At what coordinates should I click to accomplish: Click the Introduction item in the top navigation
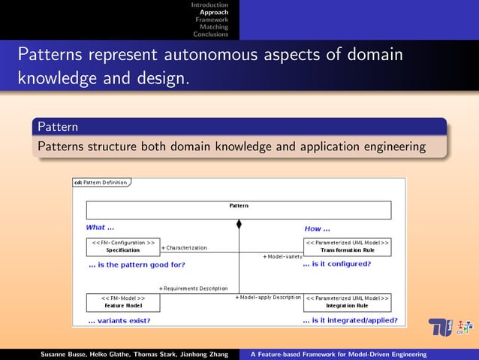pyautogui.click(x=209, y=5)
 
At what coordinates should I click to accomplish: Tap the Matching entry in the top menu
pyautogui.click(x=214, y=27)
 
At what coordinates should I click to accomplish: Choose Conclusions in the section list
pyautogui.click(x=211, y=34)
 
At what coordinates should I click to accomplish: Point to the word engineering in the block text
pyautogui.click(x=392, y=146)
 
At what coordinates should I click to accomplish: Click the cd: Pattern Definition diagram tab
pyautogui.click(x=101, y=182)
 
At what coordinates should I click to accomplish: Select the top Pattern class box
pyautogui.click(x=239, y=210)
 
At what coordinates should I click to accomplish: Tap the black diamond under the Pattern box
pyautogui.click(x=239, y=224)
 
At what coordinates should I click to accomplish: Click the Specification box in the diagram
pyautogui.click(x=123, y=247)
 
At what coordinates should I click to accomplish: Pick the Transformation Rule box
pyautogui.click(x=347, y=247)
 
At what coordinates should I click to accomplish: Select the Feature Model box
pyautogui.click(x=123, y=302)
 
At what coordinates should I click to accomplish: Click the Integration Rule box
pyautogui.click(x=347, y=302)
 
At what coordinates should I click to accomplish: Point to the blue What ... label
pyautogui.click(x=100, y=228)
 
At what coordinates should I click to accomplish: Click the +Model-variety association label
pyautogui.click(x=282, y=256)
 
